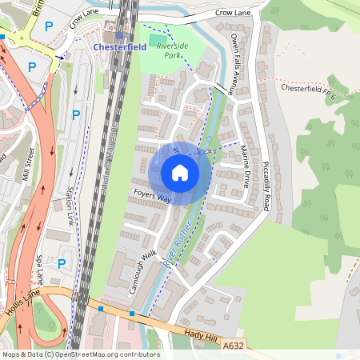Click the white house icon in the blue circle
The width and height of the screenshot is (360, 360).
(180, 173)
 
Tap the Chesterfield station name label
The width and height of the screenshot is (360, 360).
(120, 47)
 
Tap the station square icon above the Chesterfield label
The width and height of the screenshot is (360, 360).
(119, 35)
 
